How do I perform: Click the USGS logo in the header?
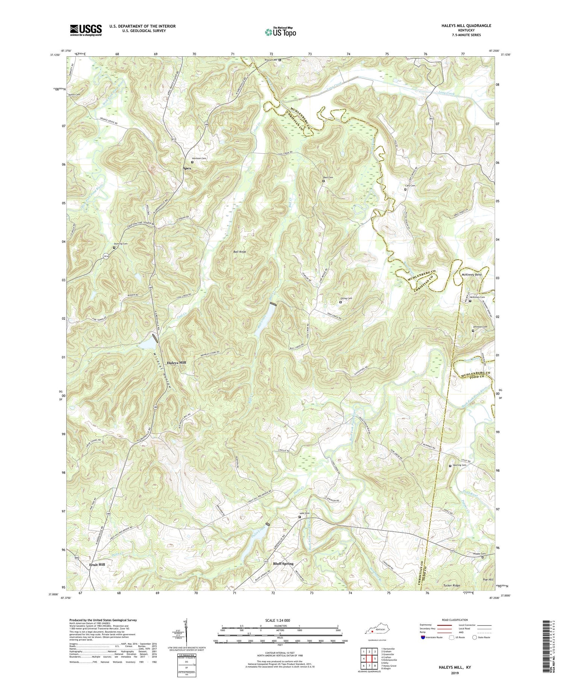(x=86, y=30)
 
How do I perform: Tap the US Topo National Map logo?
(x=280, y=32)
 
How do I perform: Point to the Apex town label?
(x=187, y=168)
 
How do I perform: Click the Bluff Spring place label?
(x=282, y=564)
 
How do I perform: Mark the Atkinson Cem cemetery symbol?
(x=192, y=162)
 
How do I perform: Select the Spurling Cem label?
(x=459, y=465)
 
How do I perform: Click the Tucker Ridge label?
(x=450, y=586)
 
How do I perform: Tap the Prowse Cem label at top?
(x=270, y=60)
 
